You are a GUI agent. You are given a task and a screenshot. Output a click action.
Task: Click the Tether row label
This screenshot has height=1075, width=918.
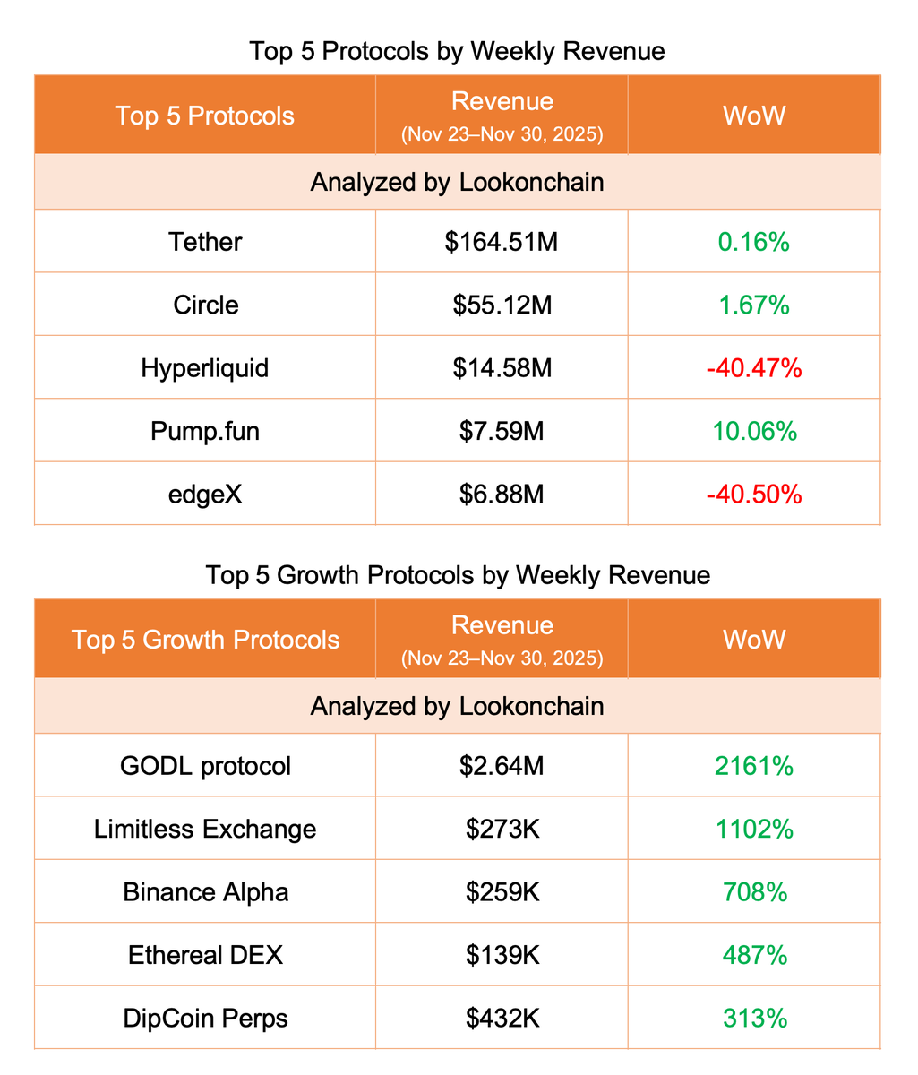pyautogui.click(x=205, y=242)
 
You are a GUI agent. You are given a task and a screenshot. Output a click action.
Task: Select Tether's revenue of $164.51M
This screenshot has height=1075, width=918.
pyautogui.click(x=502, y=242)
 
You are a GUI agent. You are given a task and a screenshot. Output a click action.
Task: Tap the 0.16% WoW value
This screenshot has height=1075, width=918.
pyautogui.click(x=754, y=242)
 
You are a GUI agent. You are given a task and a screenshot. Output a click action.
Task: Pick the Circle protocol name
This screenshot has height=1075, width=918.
pyautogui.click(x=205, y=305)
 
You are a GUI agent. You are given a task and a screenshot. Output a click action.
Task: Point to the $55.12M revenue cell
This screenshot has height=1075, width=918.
pyautogui.click(x=502, y=305)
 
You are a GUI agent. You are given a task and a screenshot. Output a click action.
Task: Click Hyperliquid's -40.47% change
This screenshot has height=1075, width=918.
pyautogui.click(x=754, y=368)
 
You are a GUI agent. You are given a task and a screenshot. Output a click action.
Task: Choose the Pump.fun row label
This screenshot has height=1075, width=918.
pyautogui.click(x=205, y=431)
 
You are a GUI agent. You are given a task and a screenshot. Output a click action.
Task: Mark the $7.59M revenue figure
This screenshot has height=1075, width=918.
pyautogui.click(x=502, y=431)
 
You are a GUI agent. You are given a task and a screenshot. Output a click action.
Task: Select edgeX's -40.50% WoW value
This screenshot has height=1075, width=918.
pyautogui.click(x=754, y=494)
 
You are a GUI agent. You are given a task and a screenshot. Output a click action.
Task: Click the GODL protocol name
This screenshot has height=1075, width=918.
pyautogui.click(x=205, y=766)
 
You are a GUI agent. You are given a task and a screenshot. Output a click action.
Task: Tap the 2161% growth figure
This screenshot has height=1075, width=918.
pyautogui.click(x=754, y=766)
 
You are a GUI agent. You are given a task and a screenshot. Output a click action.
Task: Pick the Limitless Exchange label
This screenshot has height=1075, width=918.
pyautogui.click(x=205, y=829)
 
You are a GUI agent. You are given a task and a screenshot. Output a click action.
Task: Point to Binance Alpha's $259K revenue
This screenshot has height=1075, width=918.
pyautogui.click(x=502, y=892)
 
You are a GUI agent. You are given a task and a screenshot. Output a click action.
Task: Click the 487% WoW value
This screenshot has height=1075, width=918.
pyautogui.click(x=754, y=955)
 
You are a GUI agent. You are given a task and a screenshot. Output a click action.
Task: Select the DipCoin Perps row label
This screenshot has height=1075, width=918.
pyautogui.click(x=205, y=1019)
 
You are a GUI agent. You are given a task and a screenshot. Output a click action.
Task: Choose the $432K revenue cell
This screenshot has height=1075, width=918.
pyautogui.click(x=502, y=1019)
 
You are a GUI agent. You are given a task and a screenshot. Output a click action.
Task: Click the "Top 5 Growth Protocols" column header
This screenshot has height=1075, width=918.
pyautogui.click(x=205, y=640)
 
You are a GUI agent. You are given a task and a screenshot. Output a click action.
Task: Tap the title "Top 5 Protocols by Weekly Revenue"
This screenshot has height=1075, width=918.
pyautogui.click(x=458, y=51)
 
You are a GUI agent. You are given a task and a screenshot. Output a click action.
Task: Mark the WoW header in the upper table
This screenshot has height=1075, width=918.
pyautogui.click(x=754, y=116)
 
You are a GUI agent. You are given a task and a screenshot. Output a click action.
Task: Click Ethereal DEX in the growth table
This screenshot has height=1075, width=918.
pyautogui.click(x=205, y=955)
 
